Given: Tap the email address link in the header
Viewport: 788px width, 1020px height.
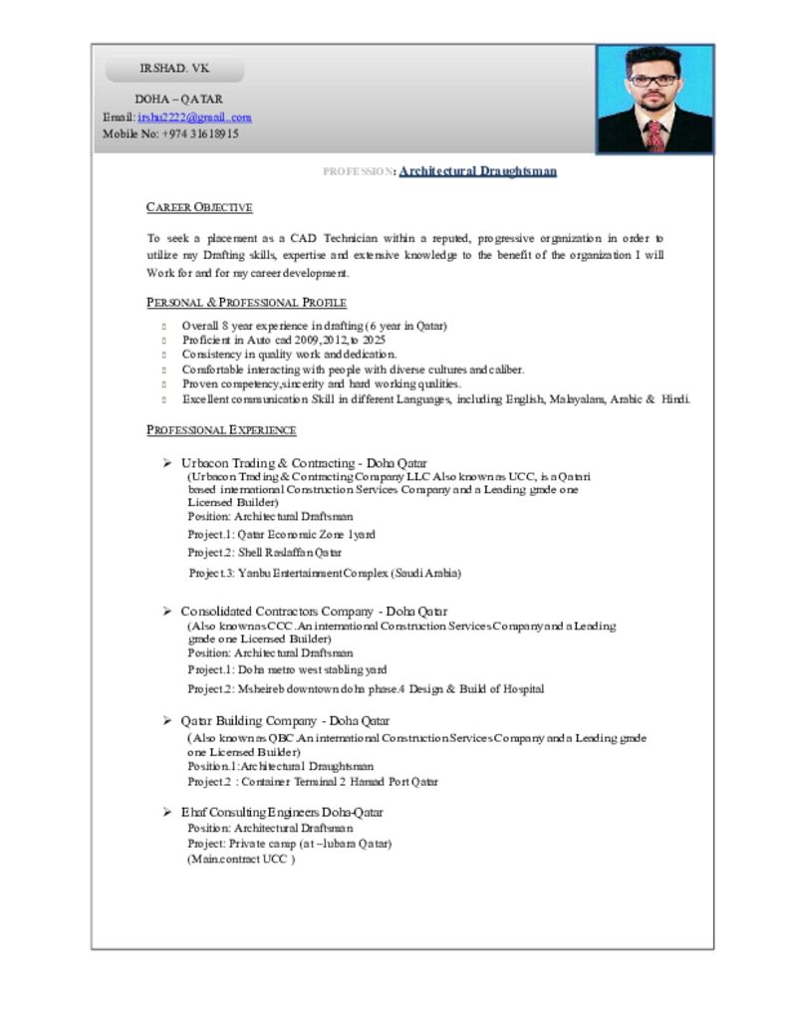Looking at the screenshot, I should click(x=194, y=117).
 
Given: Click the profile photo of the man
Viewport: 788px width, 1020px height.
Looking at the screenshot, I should click(x=655, y=99).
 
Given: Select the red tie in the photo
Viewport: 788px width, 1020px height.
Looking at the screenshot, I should click(x=655, y=136).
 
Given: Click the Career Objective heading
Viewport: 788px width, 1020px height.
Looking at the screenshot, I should click(x=199, y=207).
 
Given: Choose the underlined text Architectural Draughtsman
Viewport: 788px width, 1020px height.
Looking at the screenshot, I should click(x=477, y=171).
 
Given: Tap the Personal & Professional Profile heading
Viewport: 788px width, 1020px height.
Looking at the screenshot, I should click(x=246, y=302).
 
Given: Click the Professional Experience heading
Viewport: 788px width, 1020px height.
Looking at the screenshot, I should click(x=221, y=429).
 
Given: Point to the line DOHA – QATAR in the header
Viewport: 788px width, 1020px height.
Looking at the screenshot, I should click(x=178, y=100).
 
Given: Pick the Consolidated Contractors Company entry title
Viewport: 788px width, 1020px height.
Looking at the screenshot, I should click(x=314, y=611).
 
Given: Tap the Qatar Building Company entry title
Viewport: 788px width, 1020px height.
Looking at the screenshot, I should click(x=285, y=720).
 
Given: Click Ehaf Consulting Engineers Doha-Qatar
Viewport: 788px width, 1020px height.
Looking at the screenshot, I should click(x=281, y=812).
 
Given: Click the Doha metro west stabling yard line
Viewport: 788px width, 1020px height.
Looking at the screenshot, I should click(x=287, y=669).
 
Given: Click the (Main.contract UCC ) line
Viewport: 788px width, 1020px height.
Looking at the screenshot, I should click(x=241, y=859).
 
